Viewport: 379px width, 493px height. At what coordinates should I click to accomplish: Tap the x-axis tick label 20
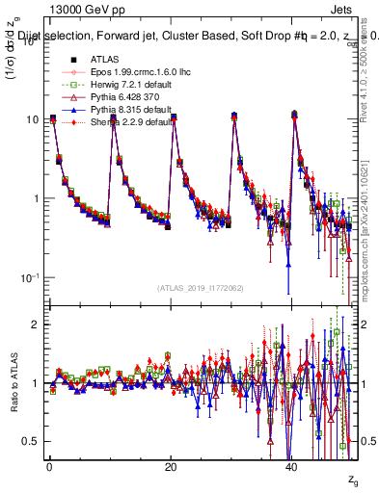(171, 466)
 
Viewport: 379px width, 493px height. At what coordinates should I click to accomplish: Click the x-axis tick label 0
(49, 466)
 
